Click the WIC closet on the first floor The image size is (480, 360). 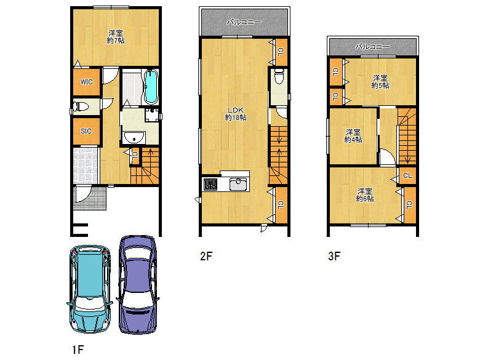coord(87,82)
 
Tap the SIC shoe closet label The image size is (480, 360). coord(86,131)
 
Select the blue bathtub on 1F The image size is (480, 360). coord(151,87)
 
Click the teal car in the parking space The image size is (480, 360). coord(90,289)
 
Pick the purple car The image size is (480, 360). coord(138,284)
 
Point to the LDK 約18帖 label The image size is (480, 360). coord(236,114)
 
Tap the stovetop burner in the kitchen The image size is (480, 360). coord(210,185)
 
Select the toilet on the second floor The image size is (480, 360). coord(279,76)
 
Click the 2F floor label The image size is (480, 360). coord(206,256)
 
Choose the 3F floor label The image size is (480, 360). coord(334,256)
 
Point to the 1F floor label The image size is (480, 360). coord(78,350)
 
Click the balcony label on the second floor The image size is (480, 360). coord(244,22)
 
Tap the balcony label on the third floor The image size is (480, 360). coord(372,47)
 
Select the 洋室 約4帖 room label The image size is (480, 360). coord(353,135)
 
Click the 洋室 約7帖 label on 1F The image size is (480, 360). coord(116,36)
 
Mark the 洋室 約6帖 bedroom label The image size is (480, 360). coord(364,195)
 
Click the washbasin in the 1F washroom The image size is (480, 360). coord(134,137)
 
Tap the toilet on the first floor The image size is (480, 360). coord(80,107)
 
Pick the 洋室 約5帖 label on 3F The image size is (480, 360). coord(380,82)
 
